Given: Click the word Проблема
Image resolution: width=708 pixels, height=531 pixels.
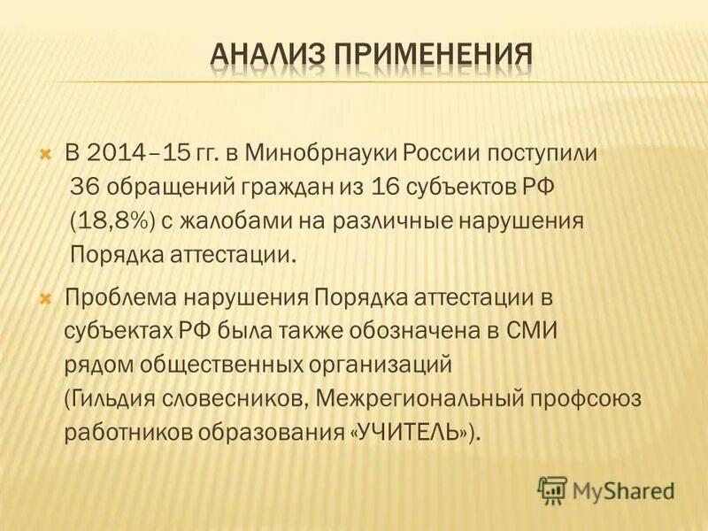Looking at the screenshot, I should [124, 296].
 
